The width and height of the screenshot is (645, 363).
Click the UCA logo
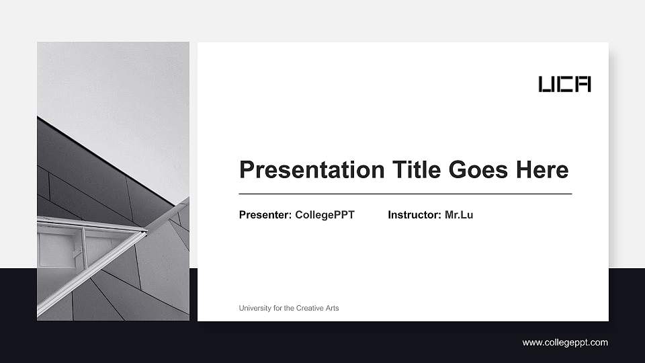564,84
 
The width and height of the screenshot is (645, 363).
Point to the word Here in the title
542,169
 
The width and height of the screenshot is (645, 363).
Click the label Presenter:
265,215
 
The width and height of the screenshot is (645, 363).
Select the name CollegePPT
325,215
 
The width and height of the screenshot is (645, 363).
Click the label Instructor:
415,215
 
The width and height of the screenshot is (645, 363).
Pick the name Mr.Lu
459,215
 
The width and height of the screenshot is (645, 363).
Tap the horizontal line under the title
405,194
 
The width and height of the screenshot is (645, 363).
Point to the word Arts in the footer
332,308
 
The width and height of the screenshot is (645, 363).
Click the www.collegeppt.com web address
565,342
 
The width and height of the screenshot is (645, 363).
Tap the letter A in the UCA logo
583,84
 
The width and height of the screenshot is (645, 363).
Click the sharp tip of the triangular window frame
146,232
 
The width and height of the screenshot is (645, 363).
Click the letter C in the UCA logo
564,84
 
